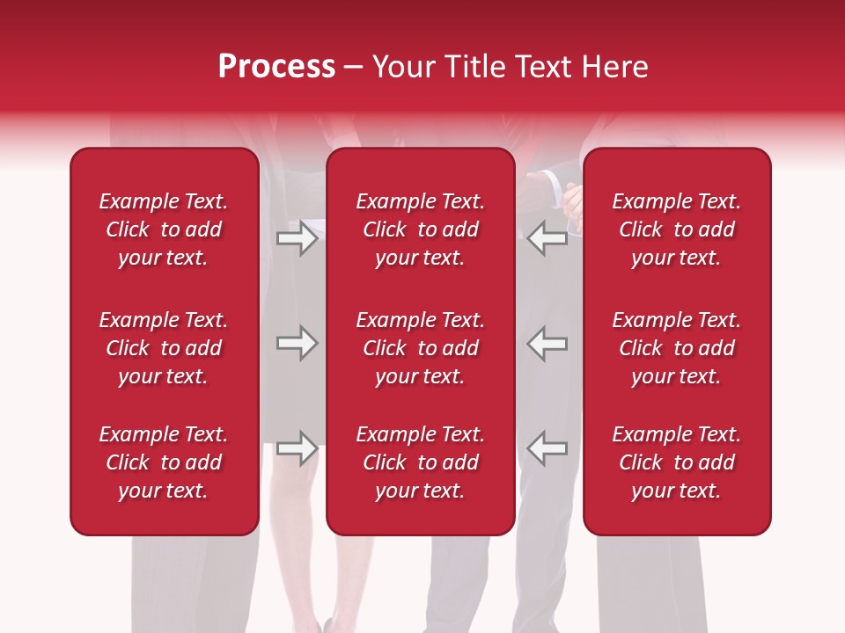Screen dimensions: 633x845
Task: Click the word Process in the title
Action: [276, 67]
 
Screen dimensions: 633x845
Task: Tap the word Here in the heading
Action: [615, 67]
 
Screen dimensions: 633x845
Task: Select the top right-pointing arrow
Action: [297, 238]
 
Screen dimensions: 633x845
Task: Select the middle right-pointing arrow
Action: [297, 343]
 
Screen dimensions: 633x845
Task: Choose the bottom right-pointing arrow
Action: [297, 448]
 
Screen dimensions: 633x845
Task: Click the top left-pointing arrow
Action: [547, 238]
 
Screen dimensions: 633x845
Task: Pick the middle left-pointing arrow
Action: [547, 343]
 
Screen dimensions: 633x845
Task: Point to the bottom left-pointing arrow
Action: [547, 448]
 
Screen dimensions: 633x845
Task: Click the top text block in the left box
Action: [164, 229]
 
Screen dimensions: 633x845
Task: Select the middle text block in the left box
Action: [164, 348]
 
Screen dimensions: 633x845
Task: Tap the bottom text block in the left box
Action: [164, 462]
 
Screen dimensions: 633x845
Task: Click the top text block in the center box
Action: [420, 229]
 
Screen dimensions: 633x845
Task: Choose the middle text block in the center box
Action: [420, 348]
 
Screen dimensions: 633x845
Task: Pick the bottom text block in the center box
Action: [420, 462]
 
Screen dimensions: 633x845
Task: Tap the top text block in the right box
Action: [676, 229]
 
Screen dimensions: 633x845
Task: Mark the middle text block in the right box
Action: [676, 348]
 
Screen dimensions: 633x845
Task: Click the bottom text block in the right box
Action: [676, 462]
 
